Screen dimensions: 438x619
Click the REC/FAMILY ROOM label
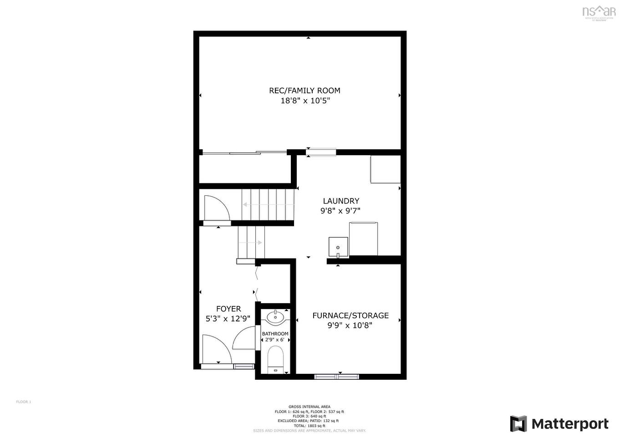[304, 91]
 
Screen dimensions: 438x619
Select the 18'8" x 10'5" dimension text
[304, 101]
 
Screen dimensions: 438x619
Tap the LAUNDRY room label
[341, 201]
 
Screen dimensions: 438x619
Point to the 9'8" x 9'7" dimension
[341, 211]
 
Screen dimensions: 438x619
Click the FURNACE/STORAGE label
[350, 316]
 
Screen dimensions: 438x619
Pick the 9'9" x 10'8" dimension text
[350, 326]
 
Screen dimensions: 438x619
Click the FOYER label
[228, 309]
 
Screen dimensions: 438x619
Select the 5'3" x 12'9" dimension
[228, 319]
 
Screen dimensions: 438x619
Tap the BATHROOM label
[275, 334]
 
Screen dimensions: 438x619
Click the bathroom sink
[275, 317]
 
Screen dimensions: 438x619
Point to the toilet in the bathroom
[275, 358]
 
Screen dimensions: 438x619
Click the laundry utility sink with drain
[338, 247]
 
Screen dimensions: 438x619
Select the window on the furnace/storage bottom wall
[337, 377]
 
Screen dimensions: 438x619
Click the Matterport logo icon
[518, 424]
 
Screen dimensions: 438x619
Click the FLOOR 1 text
[24, 402]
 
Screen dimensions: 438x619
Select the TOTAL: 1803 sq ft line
[309, 426]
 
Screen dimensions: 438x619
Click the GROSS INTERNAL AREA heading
[309, 407]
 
